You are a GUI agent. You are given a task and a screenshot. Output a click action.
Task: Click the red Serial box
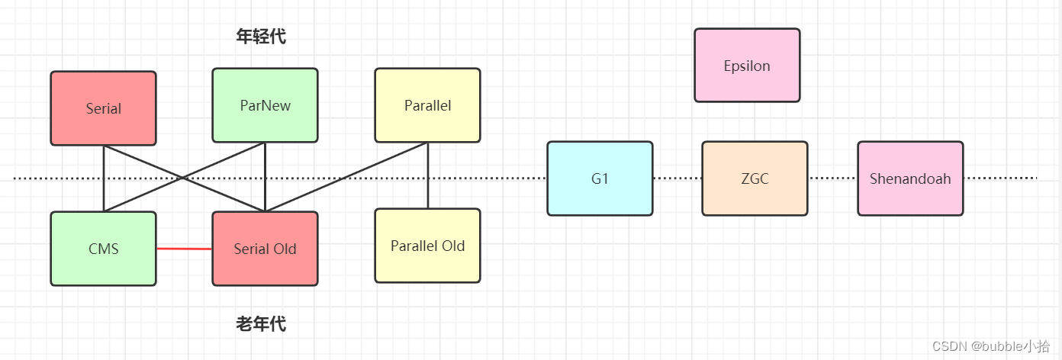click(x=103, y=108)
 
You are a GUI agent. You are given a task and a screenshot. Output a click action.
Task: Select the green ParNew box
click(x=265, y=105)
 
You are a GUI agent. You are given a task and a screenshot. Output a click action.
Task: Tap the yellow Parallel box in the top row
click(x=427, y=105)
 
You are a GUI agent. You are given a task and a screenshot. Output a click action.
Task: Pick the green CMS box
click(x=103, y=249)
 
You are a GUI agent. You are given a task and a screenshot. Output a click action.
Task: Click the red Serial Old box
click(x=265, y=249)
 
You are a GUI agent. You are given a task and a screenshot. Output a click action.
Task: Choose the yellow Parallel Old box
click(x=427, y=246)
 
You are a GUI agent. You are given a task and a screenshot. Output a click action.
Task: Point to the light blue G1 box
click(x=600, y=178)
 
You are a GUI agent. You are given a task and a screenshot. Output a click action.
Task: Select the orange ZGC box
click(x=755, y=178)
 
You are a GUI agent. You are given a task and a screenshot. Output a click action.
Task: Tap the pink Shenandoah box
click(x=910, y=178)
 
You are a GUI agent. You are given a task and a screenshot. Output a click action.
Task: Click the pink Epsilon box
click(x=747, y=66)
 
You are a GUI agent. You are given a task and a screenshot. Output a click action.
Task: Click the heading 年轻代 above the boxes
click(x=261, y=36)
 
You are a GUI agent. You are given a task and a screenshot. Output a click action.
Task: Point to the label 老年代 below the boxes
click(x=261, y=324)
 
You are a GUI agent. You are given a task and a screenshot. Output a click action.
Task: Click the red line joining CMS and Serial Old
click(x=184, y=249)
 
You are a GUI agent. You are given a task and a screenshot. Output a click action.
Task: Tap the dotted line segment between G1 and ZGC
click(x=677, y=178)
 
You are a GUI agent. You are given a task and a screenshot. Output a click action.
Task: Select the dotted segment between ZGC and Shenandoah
click(x=832, y=178)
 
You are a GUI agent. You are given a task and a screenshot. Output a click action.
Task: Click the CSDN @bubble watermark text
click(x=990, y=346)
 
